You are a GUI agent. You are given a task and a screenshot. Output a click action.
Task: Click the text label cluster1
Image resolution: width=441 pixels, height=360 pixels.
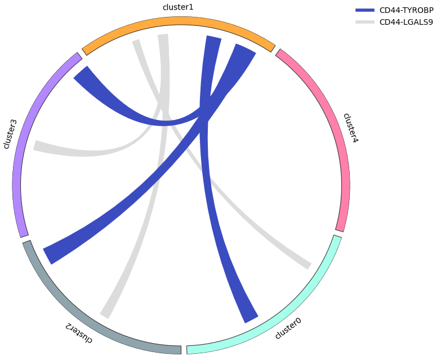point(178,7)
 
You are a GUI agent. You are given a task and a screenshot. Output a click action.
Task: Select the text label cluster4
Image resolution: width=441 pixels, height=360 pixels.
point(350,128)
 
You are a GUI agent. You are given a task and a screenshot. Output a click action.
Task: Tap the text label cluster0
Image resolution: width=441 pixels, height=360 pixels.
point(288,328)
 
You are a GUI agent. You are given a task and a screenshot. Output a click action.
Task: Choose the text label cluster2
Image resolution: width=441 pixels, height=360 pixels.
point(78,332)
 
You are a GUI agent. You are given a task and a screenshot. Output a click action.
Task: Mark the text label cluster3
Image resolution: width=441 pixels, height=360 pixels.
point(10,134)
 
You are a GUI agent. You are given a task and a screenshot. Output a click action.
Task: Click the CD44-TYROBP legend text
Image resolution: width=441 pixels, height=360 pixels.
point(406,10)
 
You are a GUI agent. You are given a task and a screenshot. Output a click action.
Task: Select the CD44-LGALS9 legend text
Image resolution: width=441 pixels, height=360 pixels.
point(406,22)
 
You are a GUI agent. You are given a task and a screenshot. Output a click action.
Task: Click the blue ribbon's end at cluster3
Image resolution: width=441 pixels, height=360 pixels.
point(82,75)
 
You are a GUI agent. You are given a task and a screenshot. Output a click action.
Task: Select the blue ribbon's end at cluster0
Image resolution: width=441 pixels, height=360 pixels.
point(251,318)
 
